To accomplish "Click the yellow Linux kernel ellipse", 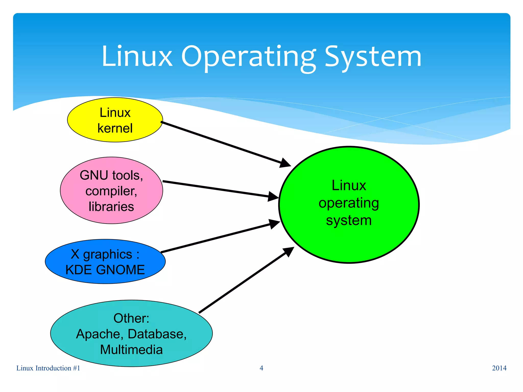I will click(115, 120).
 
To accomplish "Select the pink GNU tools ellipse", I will click(111, 190).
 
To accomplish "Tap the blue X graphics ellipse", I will click(105, 261).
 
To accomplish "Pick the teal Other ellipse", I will click(131, 333).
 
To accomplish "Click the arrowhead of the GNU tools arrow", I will click(273, 197).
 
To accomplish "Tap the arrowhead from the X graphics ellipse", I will click(275, 224).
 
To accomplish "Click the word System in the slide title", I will click(373, 57).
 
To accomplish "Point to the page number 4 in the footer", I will click(261, 368).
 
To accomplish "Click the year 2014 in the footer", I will click(499, 368).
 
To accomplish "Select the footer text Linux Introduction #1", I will click(48, 368).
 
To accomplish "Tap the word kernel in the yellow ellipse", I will click(115, 128).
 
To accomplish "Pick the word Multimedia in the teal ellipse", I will click(131, 350).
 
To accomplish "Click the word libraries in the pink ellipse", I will click(111, 206).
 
